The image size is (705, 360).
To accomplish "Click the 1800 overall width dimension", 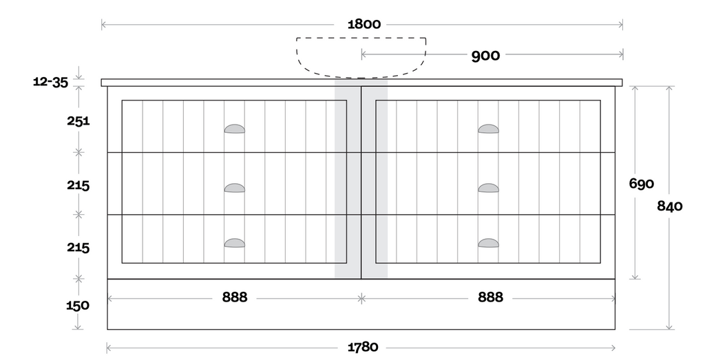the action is [364, 24].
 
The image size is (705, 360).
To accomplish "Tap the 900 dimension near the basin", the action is [485, 56].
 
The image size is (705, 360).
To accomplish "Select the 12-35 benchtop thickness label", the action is [51, 82].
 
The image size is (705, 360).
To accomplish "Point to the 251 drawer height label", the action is [78, 121].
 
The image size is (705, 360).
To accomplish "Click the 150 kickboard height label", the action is [78, 306].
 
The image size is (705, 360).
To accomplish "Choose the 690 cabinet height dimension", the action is [641, 183].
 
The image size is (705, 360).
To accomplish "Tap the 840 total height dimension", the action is [669, 206].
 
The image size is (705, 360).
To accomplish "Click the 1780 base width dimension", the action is [363, 347].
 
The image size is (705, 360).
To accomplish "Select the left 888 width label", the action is [235, 297].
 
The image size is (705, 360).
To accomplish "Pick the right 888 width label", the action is [490, 297].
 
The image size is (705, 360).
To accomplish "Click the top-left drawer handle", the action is [235, 129].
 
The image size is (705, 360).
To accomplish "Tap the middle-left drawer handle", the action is [235, 188].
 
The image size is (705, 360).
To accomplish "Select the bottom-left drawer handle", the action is [235, 243].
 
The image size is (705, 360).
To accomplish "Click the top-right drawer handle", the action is [488, 129].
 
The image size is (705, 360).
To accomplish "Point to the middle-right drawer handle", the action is [488, 188].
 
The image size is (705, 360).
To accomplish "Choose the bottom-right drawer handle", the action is [488, 243].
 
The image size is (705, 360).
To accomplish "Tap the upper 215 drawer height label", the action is [78, 185].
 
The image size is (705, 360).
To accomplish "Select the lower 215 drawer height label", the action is [78, 247].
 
